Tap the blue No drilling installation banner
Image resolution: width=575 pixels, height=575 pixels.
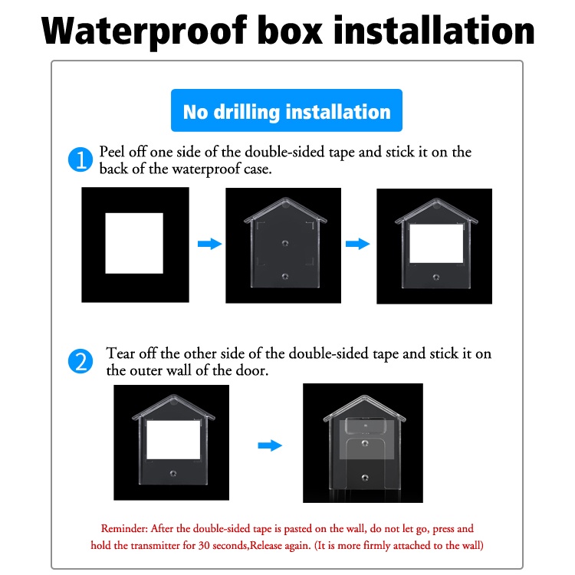tap(287, 110)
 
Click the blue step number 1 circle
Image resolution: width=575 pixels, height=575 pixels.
tap(80, 159)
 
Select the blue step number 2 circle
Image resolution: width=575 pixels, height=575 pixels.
tap(80, 361)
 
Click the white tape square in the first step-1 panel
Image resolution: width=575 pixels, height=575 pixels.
tap(134, 243)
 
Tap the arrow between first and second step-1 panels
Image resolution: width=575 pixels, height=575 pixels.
tap(210, 244)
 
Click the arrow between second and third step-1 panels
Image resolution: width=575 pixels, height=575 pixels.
tap(358, 244)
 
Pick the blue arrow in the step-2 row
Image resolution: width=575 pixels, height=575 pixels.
tap(270, 445)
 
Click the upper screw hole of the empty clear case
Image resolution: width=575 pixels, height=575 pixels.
tap(285, 243)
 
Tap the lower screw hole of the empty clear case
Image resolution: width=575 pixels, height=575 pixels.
tap(285, 277)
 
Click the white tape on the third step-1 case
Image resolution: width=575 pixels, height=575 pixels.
tap(436, 244)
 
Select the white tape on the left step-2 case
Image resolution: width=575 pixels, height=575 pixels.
tap(173, 440)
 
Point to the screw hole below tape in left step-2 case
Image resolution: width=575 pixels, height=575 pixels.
tap(173, 474)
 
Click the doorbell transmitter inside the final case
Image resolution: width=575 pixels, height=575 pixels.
tap(366, 426)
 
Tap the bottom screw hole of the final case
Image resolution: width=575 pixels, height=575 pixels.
tap(365, 478)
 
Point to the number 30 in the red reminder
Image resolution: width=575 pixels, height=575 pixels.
tap(204, 545)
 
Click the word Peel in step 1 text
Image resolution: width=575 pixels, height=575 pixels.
tap(112, 152)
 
